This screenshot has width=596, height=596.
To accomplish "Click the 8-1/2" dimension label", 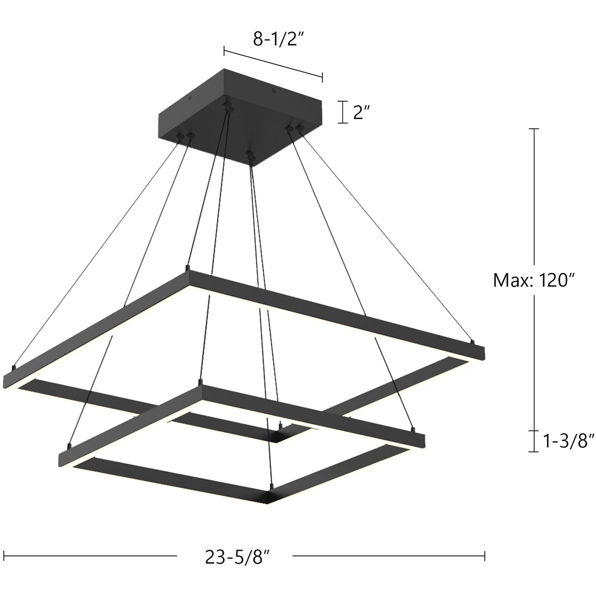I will point(279,39).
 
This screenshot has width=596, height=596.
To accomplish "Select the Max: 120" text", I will point(534,281).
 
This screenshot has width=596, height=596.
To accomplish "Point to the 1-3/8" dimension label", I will point(568,441).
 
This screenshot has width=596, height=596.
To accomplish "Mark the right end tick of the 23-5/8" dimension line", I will point(485,555).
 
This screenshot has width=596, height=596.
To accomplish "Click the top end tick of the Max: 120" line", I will point(534,128).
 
